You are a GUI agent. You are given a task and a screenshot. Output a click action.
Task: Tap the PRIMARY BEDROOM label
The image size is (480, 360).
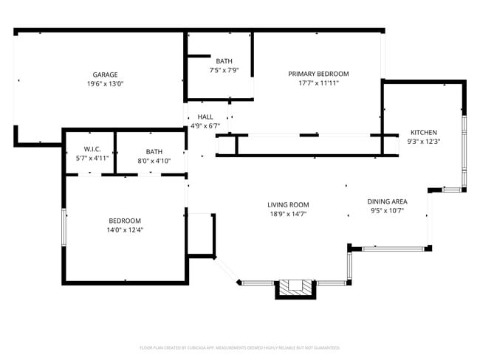318,74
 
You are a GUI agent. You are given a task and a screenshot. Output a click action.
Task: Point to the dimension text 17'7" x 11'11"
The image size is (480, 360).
318,83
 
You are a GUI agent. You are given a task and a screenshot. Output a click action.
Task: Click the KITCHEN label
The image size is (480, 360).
423,132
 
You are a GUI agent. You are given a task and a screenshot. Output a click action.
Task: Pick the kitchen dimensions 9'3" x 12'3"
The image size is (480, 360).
423,142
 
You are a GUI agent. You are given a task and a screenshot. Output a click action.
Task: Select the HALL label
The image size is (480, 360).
205,117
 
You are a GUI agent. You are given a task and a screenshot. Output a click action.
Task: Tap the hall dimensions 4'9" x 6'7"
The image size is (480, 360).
205,126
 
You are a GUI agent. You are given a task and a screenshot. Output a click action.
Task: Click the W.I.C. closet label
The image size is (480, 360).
92,151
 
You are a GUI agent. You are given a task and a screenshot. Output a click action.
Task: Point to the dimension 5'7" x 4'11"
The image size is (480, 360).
92,159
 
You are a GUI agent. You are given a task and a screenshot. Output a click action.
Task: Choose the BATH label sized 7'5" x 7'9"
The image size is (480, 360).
223,60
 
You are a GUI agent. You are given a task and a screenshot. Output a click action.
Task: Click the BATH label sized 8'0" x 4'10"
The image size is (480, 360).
154,151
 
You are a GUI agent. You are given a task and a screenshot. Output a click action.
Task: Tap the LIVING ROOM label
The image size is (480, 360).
288,204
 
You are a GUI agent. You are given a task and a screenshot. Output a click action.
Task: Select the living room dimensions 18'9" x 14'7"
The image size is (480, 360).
288,214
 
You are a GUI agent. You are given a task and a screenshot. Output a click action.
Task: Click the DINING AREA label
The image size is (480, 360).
387,201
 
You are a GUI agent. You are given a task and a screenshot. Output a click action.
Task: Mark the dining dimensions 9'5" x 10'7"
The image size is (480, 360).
387,210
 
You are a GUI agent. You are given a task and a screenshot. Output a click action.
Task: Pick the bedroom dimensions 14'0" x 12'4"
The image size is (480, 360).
126,229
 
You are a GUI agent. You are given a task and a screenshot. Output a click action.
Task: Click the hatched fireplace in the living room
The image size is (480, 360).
295,287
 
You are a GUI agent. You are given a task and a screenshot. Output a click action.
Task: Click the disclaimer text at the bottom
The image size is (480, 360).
239,347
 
